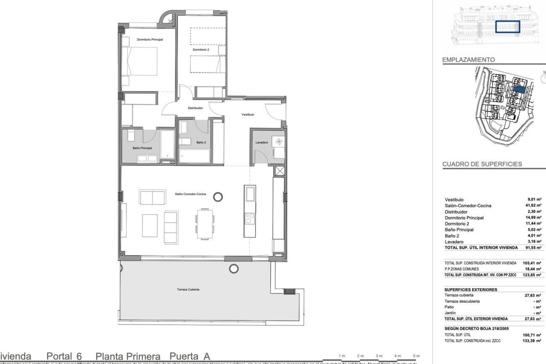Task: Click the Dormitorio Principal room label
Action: pos(150,40)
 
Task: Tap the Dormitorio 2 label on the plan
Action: pos(201,49)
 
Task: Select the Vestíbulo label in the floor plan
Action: pos(248,115)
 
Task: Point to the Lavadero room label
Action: pos(261,142)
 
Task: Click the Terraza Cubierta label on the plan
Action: pos(188,289)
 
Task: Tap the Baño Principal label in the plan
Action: pos(142,148)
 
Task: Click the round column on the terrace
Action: pos(234,268)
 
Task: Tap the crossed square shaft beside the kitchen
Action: pos(280,171)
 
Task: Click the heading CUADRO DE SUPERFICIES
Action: pos(482,164)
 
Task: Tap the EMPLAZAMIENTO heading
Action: pos(468,60)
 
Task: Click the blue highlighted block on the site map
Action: pos(519,89)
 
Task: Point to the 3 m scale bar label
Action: pos(379,356)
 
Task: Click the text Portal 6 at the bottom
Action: pos(64,356)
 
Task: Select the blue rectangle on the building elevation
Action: pos(508,27)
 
